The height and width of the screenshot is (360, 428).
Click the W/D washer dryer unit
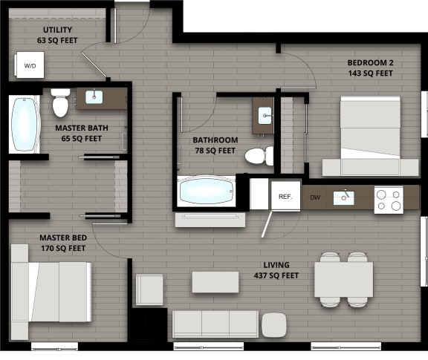pyautogui.click(x=30, y=66)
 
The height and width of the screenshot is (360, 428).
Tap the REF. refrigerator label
pyautogui.click(x=285, y=197)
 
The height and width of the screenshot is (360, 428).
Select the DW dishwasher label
pyautogui.click(x=315, y=197)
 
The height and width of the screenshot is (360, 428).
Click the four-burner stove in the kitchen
pyautogui.click(x=388, y=199)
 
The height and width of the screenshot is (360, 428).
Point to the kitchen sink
pyautogui.click(x=344, y=197)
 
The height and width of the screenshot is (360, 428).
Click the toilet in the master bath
pyautogui.click(x=61, y=104)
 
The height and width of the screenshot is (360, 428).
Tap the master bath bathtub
pyautogui.click(x=25, y=123)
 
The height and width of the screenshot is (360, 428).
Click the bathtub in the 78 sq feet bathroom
pyautogui.click(x=207, y=190)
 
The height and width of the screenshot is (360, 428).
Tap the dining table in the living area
pyautogui.click(x=343, y=279)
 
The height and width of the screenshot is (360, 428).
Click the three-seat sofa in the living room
pyautogui.click(x=215, y=324)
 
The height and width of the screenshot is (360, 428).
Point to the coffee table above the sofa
pyautogui.click(x=215, y=281)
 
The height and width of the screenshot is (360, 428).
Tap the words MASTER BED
pyautogui.click(x=63, y=238)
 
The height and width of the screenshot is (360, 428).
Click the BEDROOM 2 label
pyautogui.click(x=370, y=62)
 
